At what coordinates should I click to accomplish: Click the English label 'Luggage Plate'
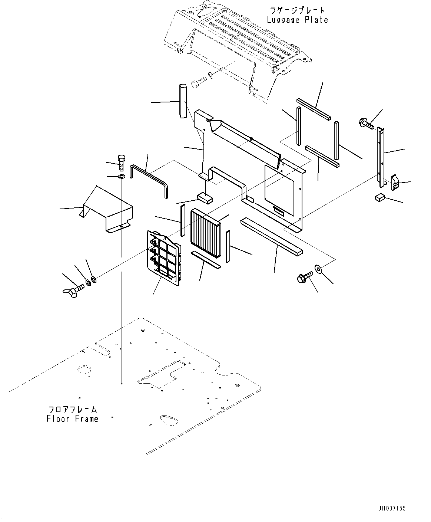click(298, 20)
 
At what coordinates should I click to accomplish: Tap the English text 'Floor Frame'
click(72, 419)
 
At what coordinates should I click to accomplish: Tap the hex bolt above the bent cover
click(121, 163)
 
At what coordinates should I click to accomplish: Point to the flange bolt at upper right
click(366, 124)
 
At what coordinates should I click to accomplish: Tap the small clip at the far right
click(395, 183)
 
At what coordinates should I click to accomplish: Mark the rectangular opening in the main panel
click(279, 190)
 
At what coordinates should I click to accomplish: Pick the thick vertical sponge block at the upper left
click(183, 101)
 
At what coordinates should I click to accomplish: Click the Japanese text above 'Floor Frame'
click(72, 410)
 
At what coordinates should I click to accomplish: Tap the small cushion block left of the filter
click(205, 198)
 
